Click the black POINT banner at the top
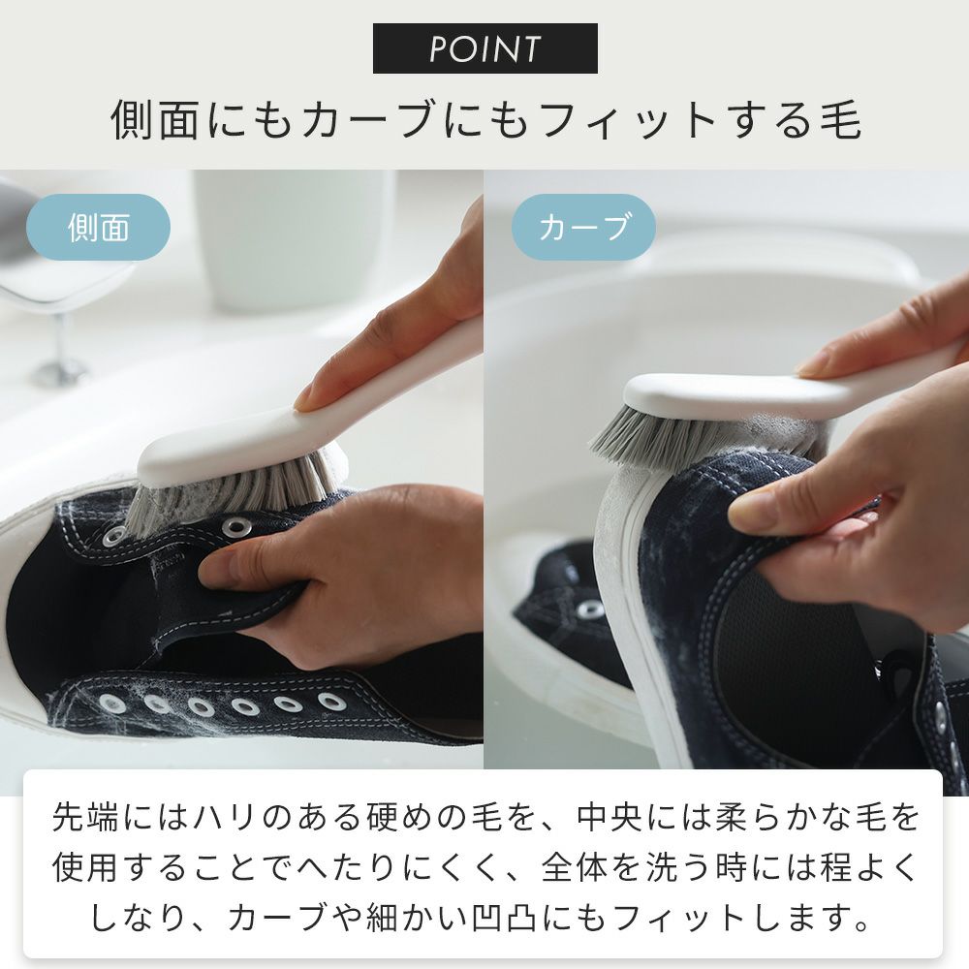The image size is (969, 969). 484,48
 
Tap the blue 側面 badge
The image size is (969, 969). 98,227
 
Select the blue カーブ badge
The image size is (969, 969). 582,227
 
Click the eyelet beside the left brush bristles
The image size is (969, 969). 235,527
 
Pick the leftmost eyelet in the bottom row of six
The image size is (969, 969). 111,703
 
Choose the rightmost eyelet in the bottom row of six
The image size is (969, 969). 331,702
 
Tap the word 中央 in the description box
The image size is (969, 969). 610,817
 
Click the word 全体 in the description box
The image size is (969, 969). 575,867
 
